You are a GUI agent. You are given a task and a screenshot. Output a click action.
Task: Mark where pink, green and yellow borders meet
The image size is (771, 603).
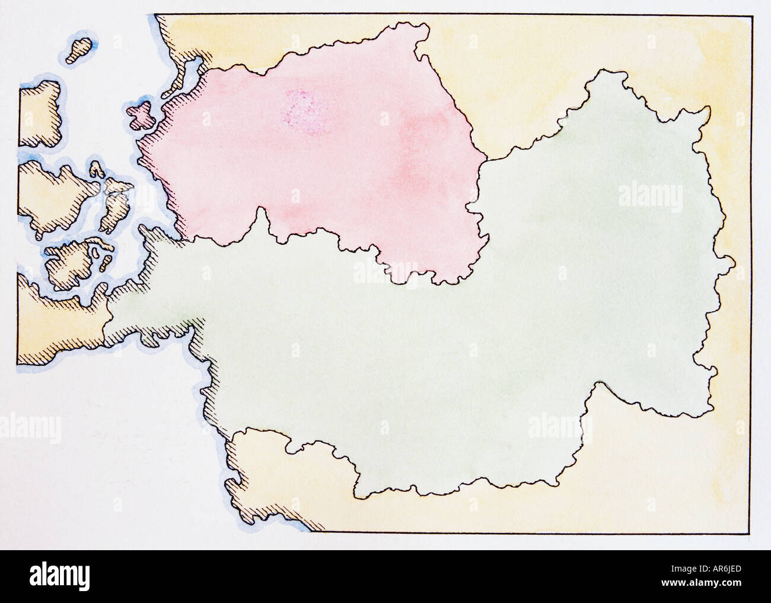[x=488, y=159]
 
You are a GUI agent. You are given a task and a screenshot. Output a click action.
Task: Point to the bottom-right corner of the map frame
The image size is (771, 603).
[x=748, y=532]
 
